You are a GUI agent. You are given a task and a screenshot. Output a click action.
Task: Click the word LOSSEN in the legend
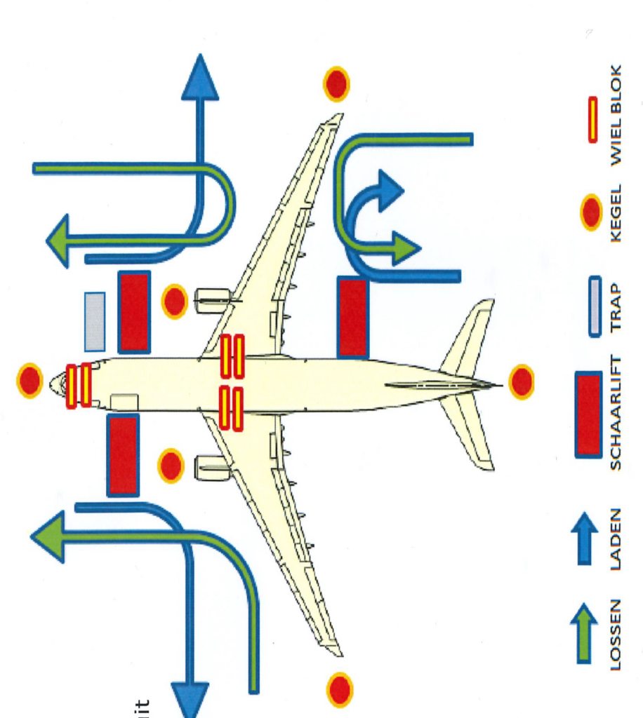point(616,635)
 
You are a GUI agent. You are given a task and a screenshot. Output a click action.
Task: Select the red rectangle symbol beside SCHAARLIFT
point(588,414)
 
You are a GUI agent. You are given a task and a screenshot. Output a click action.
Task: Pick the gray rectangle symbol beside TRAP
point(594,306)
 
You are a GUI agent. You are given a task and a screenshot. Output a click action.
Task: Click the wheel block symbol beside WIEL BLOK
point(592,119)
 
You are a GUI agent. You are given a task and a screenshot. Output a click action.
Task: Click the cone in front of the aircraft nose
point(29,381)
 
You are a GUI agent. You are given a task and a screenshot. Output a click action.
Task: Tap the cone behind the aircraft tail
point(521,382)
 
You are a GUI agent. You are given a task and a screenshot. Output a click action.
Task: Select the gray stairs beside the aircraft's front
point(95,322)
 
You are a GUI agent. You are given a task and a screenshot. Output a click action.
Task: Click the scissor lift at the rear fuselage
point(352,317)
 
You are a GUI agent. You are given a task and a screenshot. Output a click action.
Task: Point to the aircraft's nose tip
point(52,384)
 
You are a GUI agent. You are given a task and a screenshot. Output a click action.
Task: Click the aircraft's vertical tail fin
point(442,384)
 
